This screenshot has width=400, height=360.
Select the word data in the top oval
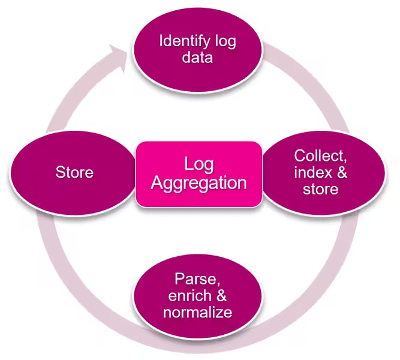(x=197, y=59)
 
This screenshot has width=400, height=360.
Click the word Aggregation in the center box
(x=199, y=182)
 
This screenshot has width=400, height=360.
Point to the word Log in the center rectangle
(x=199, y=164)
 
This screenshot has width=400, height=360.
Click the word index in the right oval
(x=310, y=173)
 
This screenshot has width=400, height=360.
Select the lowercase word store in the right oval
(x=320, y=190)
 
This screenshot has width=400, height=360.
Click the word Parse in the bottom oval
(x=194, y=279)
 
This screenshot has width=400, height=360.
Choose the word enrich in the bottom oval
(x=190, y=296)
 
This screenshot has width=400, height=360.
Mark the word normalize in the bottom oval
(x=197, y=313)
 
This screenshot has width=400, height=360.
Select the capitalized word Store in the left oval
(x=74, y=173)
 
